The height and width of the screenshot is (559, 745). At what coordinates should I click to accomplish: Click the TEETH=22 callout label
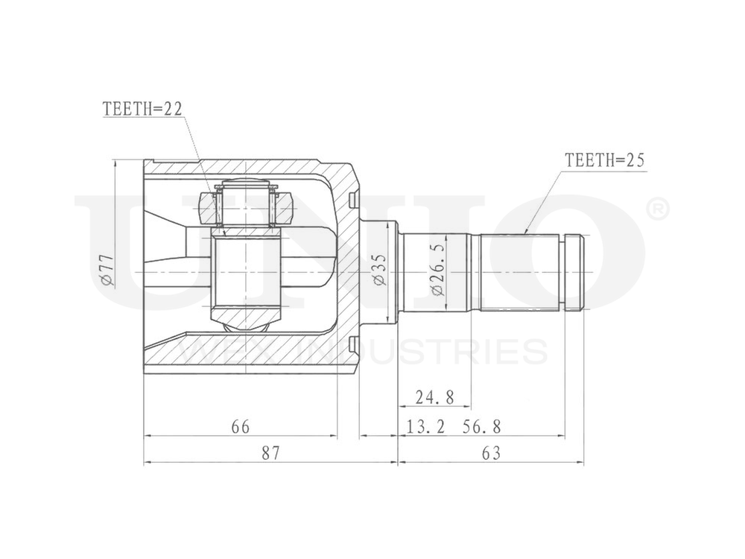pyautogui.click(x=142, y=110)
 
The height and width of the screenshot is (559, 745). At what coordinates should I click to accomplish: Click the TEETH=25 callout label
pyautogui.click(x=603, y=160)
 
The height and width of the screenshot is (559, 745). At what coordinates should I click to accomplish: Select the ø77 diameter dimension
pyautogui.click(x=107, y=271)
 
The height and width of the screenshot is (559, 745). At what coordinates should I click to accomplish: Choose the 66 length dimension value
pyautogui.click(x=239, y=426)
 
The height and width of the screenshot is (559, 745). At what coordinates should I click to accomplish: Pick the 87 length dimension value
pyautogui.click(x=270, y=452)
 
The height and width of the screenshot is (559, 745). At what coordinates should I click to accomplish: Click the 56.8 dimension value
pyautogui.click(x=482, y=426)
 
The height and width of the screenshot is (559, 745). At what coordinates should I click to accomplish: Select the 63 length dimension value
pyautogui.click(x=492, y=452)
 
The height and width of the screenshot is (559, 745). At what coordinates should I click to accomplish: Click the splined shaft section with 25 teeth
pyautogui.click(x=519, y=273)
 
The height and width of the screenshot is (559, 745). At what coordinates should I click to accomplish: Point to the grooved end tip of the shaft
pyautogui.click(x=574, y=272)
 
